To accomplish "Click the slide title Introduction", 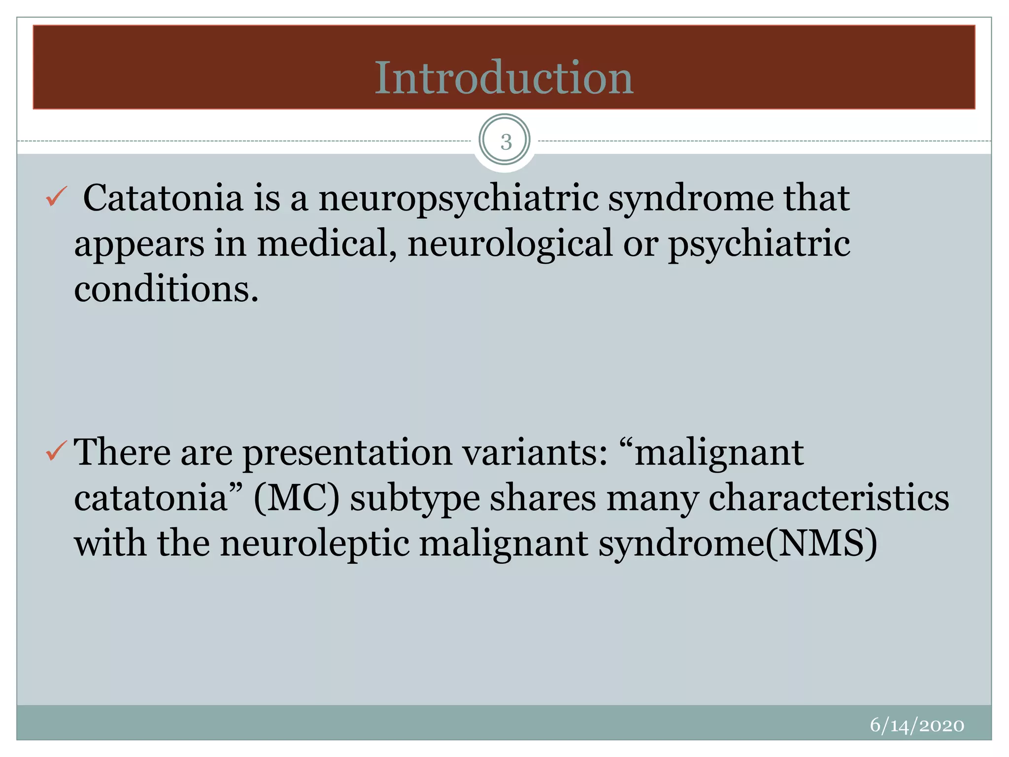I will coord(504,77).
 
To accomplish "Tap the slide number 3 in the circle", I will coord(505,142).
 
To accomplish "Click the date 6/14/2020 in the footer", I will coord(917,725).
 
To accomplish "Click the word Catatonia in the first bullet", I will coord(163,198).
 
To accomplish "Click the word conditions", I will coord(166,289).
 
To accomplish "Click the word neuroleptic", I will coord(315,544).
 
